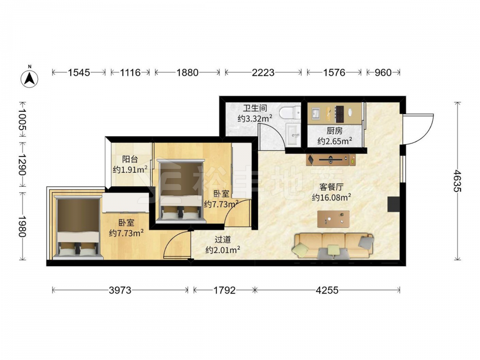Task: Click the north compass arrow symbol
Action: tap(29, 78)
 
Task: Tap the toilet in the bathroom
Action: tap(290, 113)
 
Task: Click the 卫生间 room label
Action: tap(255, 108)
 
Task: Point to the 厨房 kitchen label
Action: tap(334, 131)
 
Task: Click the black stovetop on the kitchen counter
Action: tap(340, 114)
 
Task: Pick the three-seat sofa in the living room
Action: tap(333, 246)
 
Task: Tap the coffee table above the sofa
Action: tap(334, 219)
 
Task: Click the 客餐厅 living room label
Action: tap(331, 187)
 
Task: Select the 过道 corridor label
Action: tap(223, 240)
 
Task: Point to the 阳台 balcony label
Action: tap(130, 159)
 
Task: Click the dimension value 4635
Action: tap(457, 181)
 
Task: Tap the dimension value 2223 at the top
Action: tap(263, 72)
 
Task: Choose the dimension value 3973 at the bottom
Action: tap(120, 290)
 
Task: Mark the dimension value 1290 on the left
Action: tap(22, 165)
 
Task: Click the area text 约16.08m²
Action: tap(331, 197)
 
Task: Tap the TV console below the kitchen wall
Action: tap(331, 159)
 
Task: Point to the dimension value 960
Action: tap(383, 72)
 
